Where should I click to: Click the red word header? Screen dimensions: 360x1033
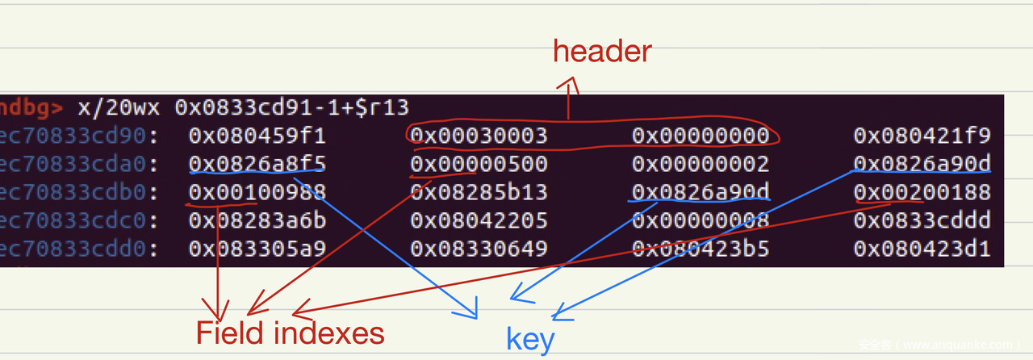click(x=602, y=52)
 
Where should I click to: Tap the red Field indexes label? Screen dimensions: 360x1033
click(x=291, y=333)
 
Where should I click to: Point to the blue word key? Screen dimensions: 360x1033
click(x=530, y=340)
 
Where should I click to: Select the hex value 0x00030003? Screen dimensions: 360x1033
click(x=479, y=136)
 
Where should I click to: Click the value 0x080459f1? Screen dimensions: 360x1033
click(x=257, y=136)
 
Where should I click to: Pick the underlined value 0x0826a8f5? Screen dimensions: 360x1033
click(x=257, y=164)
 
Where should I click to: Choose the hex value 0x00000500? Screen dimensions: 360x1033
click(x=479, y=164)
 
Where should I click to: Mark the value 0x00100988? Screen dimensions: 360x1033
click(x=257, y=192)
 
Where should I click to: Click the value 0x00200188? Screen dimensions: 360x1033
click(x=922, y=192)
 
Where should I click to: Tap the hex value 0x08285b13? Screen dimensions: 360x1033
click(x=479, y=192)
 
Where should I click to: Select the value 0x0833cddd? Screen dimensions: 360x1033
click(x=922, y=220)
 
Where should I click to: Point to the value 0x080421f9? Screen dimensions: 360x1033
click(x=922, y=136)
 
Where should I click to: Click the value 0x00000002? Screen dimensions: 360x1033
click(x=701, y=164)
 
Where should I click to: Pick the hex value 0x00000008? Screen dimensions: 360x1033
click(x=701, y=220)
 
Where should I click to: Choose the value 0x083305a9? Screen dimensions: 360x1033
click(x=257, y=249)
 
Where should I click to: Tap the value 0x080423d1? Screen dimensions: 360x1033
click(x=922, y=249)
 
